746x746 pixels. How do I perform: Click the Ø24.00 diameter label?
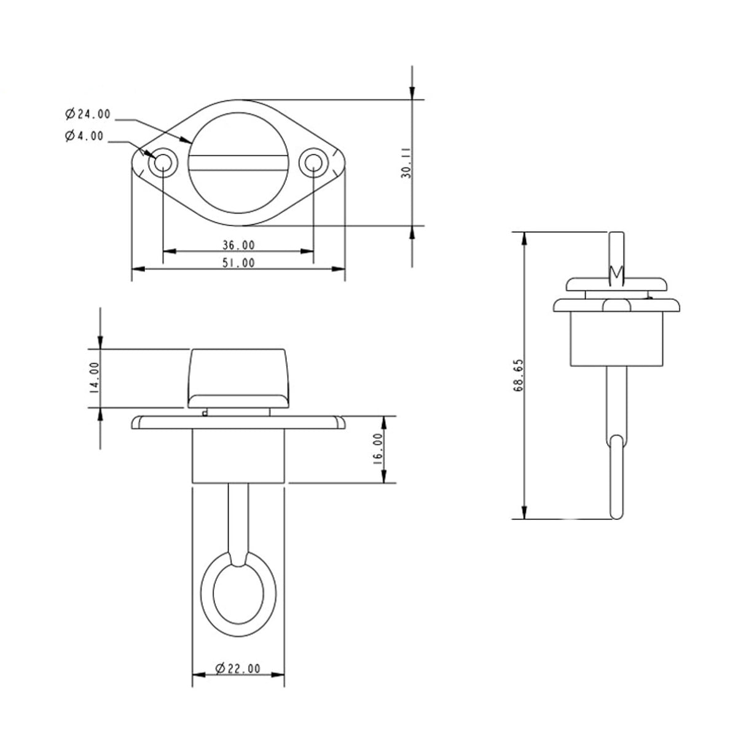(87, 114)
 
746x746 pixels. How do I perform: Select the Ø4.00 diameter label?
(84, 136)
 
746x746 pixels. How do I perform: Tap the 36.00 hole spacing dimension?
(238, 245)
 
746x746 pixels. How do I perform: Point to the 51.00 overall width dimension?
(238, 263)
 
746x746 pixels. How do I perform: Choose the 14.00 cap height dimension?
(94, 377)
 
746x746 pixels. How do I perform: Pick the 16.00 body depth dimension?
(378, 449)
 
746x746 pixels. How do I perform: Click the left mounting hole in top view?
(163, 163)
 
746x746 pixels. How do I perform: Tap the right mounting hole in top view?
(313, 163)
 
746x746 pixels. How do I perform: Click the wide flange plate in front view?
(238, 422)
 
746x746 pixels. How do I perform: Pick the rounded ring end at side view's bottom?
(616, 479)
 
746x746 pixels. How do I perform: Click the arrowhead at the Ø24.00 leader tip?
(188, 141)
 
